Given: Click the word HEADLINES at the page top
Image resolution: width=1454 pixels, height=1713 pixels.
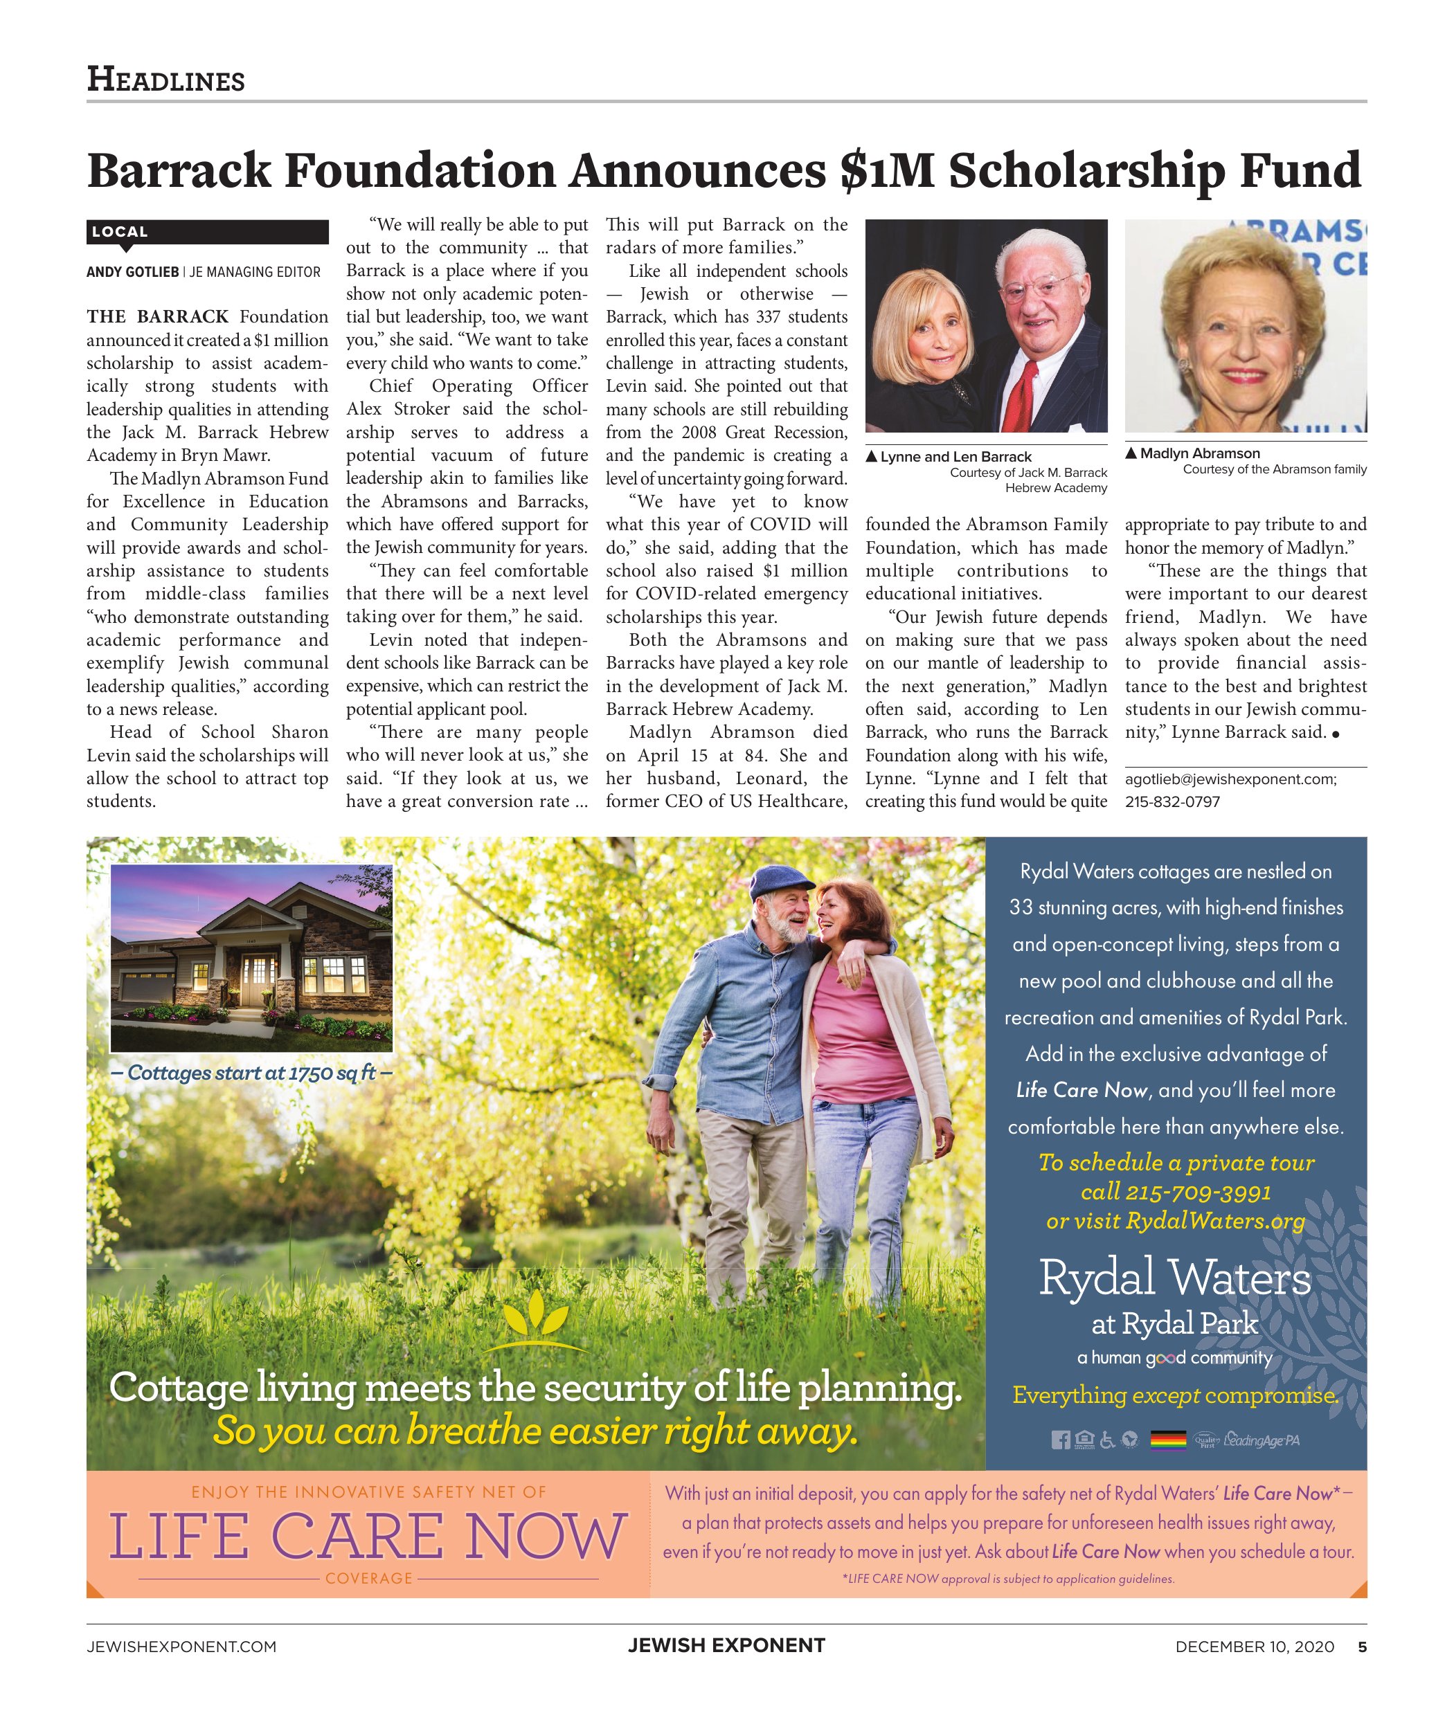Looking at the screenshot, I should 165,80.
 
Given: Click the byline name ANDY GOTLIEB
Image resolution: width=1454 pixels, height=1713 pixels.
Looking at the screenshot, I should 132,272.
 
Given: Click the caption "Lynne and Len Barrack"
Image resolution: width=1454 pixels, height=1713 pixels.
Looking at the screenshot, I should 955,457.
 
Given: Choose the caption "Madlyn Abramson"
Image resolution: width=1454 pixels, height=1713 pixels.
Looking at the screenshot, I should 1199,453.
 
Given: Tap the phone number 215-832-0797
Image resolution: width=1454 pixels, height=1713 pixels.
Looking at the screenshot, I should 1172,801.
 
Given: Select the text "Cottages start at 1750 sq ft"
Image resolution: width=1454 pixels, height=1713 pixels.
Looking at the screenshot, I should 251,1073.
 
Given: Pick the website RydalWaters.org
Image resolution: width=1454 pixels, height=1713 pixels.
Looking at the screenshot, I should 1215,1220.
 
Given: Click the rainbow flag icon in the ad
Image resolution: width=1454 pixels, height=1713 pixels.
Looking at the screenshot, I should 1167,1440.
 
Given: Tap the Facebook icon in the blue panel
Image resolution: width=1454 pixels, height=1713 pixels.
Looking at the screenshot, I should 1060,1440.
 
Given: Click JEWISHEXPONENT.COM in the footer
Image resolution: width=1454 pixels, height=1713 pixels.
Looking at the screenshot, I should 181,1647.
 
